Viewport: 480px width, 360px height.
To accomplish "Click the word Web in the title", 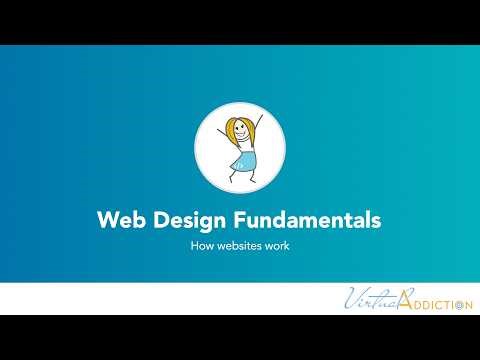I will click(118, 219).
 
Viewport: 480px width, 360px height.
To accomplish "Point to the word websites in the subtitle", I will click(238, 245).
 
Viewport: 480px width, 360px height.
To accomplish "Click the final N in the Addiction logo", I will click(467, 304).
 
